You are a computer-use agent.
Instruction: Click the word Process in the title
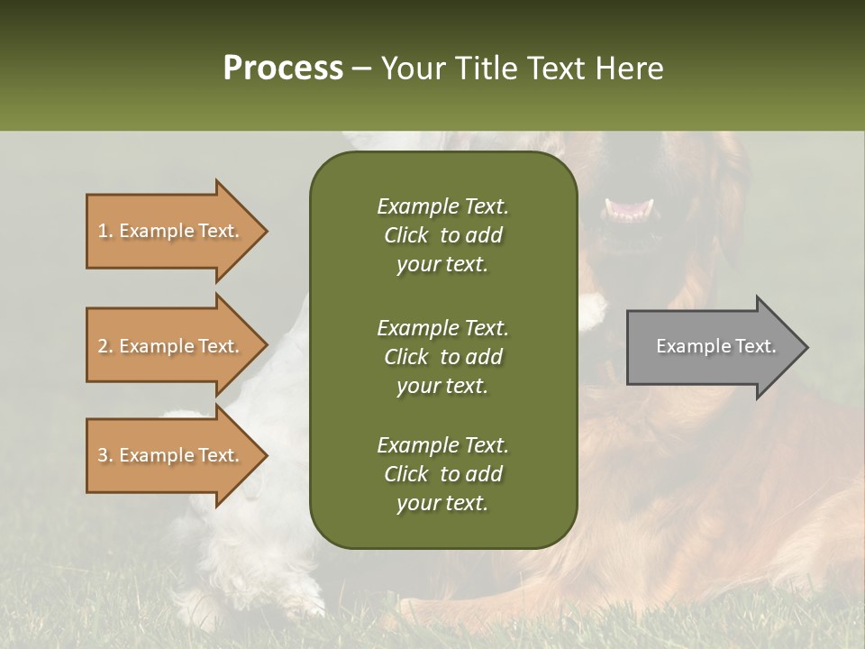(x=283, y=69)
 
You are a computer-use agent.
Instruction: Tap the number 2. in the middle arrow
(x=105, y=346)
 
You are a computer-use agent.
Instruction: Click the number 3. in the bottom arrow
(x=105, y=455)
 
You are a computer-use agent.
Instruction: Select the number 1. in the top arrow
(x=105, y=231)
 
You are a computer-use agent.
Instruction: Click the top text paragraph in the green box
(x=442, y=235)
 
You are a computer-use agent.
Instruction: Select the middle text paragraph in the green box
(x=442, y=357)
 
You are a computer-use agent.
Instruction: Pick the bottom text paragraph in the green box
(x=442, y=474)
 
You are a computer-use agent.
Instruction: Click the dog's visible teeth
(x=630, y=210)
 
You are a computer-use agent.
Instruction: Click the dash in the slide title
(x=361, y=69)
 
